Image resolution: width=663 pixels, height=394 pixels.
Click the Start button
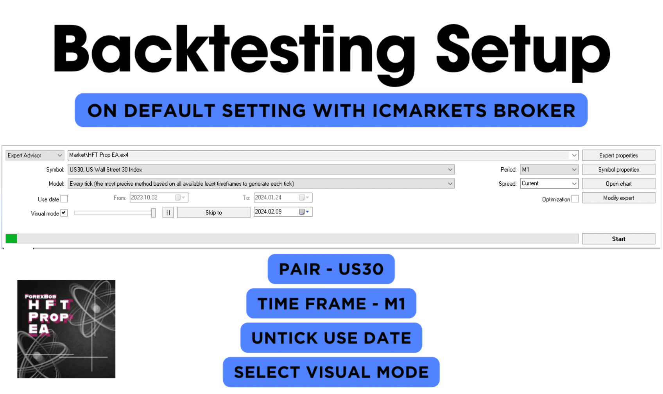point(618,239)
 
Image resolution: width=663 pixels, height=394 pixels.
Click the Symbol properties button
point(618,170)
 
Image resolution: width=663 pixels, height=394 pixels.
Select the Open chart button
point(618,184)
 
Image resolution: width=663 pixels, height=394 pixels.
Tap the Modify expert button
point(618,198)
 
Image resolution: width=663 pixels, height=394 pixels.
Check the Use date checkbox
point(64,199)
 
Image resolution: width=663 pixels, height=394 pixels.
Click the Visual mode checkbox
point(64,213)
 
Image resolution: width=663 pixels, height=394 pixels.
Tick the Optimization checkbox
point(575,199)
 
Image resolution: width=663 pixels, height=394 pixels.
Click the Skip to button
point(213,213)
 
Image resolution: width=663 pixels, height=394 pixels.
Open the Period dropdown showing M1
point(549,170)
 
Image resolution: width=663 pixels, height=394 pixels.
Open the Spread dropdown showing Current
point(549,184)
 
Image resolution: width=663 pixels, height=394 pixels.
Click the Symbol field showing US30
point(261,170)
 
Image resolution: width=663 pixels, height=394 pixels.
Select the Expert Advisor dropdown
point(35,156)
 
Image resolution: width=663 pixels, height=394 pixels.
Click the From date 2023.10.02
point(159,197)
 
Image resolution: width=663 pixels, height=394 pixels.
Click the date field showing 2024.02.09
point(283,211)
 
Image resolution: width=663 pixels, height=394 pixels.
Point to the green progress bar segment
point(11,238)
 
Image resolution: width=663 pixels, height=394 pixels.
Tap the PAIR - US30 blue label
point(331,269)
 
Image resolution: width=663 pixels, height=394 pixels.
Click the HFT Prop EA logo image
point(66,329)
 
